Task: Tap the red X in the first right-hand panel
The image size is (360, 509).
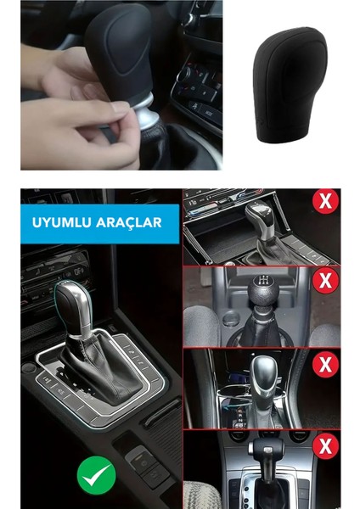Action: [x=324, y=202]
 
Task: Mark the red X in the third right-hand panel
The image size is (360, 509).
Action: [x=324, y=364]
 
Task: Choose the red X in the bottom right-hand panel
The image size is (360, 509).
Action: [x=324, y=446]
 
